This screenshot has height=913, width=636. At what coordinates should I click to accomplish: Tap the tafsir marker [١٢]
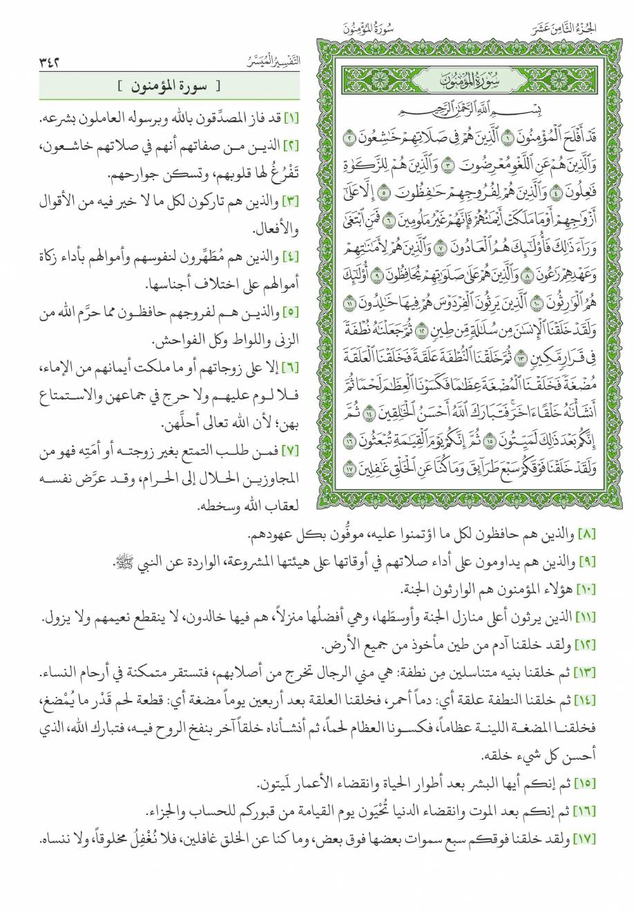592,647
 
